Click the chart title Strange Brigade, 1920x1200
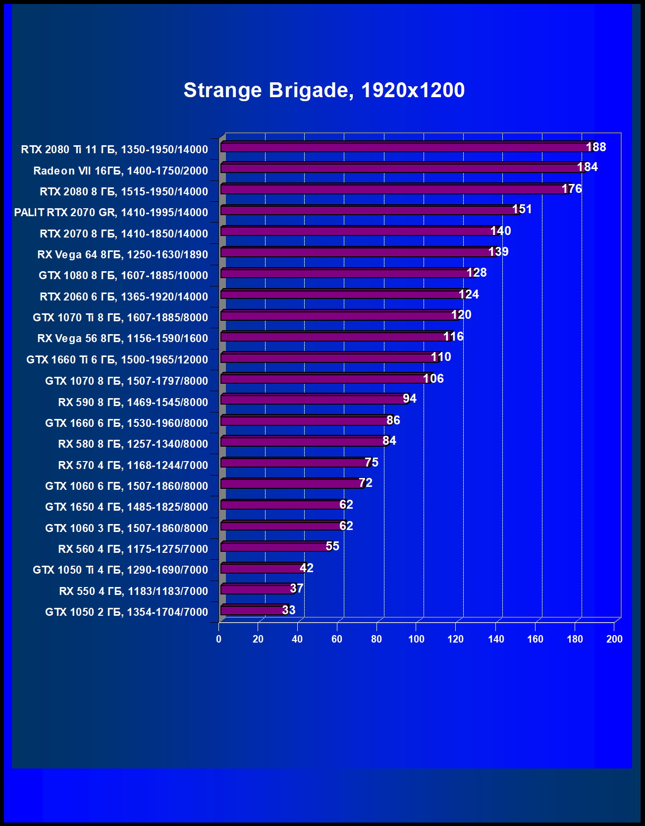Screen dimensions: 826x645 click(x=324, y=90)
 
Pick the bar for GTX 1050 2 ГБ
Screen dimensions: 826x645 click(x=253, y=610)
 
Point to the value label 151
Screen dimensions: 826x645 click(x=522, y=209)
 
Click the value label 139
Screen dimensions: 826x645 click(x=498, y=252)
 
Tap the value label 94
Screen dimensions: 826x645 click(x=410, y=399)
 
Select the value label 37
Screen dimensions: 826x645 click(x=296, y=589)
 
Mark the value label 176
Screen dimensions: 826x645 click(x=572, y=189)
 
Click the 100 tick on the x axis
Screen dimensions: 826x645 click(x=416, y=639)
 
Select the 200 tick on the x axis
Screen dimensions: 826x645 click(x=614, y=639)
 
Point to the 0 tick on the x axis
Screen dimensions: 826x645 click(x=219, y=639)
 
